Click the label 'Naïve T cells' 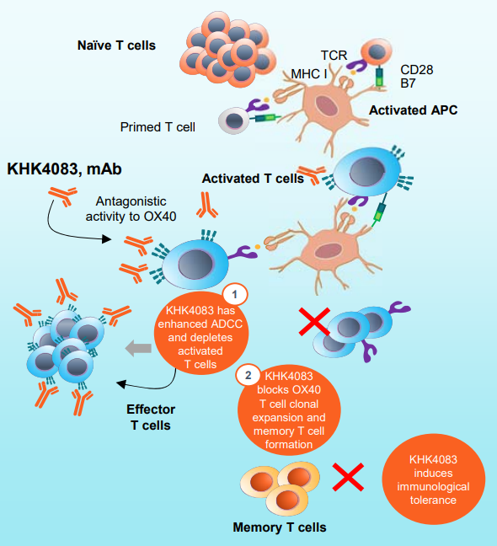tap(116, 45)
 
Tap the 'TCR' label tap(334, 56)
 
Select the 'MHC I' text tap(309, 74)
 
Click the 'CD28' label tap(417, 70)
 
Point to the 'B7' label tap(408, 83)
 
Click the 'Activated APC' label tap(413, 110)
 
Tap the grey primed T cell tap(234, 120)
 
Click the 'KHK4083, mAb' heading tap(64, 169)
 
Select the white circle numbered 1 tap(235, 295)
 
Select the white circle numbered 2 tap(248, 376)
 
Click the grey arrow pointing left tap(138, 348)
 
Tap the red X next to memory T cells tap(348, 477)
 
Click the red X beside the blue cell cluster tap(315, 322)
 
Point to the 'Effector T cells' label tap(151, 417)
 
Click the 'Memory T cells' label tap(280, 527)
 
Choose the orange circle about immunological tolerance tap(433, 479)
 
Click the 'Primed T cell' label tap(158, 127)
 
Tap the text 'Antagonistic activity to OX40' tap(131, 209)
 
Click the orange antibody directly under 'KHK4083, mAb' tap(63, 196)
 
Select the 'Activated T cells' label tap(253, 179)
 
